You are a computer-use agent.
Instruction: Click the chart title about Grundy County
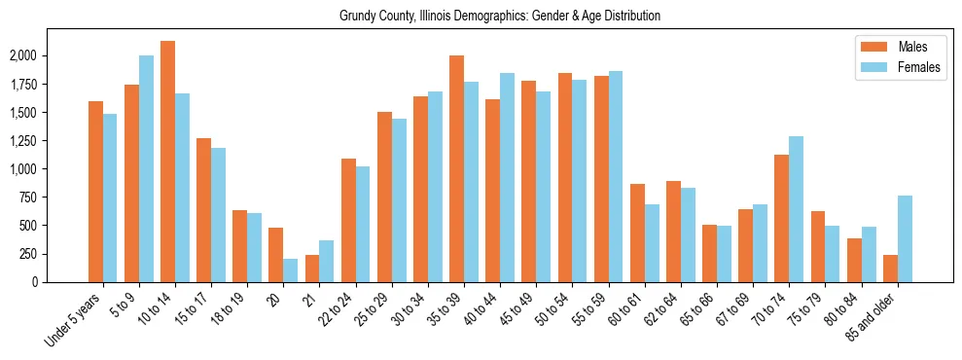tap(500, 17)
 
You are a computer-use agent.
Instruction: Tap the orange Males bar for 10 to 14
tap(168, 162)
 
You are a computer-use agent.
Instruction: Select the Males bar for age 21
tap(312, 269)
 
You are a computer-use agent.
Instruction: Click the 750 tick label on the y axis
tap(28, 198)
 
